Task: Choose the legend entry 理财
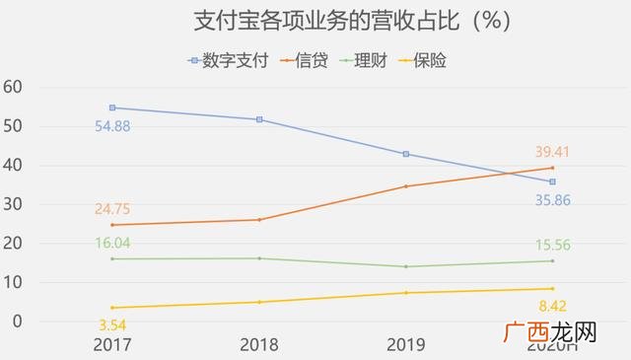[x=370, y=61]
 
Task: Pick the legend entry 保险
[x=430, y=61]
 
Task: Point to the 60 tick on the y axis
[x=12, y=88]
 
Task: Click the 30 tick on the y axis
[x=12, y=204]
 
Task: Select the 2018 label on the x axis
[x=259, y=344]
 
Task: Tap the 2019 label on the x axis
[x=405, y=344]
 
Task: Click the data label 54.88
[x=113, y=126]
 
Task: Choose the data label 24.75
[x=113, y=209]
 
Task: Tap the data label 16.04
[x=113, y=243]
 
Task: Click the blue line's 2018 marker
[x=259, y=119]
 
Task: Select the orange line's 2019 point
[x=405, y=186]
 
